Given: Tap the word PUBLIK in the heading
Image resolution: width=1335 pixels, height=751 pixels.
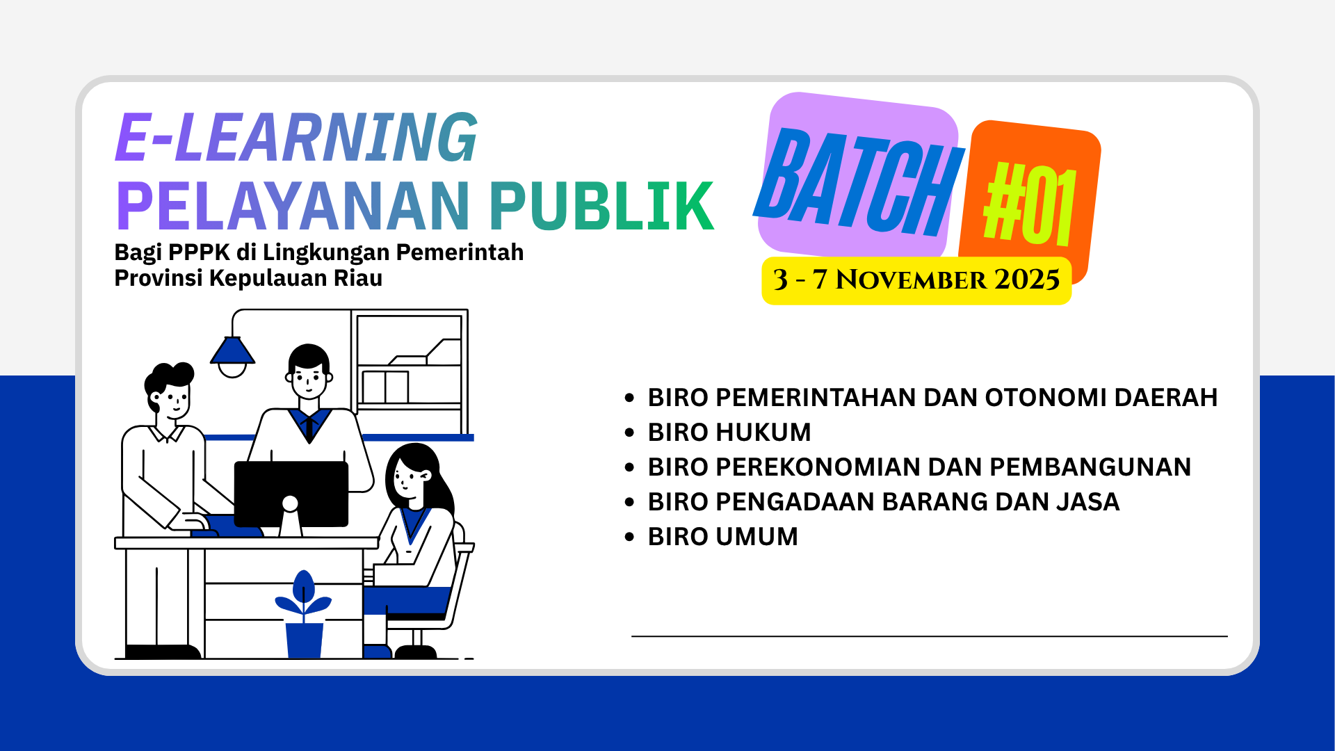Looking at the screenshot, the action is click(x=602, y=206).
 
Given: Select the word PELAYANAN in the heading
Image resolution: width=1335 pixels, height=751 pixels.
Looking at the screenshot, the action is click(x=293, y=206).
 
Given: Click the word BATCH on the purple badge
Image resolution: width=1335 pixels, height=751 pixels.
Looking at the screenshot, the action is click(x=859, y=182).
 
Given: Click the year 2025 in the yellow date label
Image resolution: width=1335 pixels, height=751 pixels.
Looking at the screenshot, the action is click(x=1027, y=280).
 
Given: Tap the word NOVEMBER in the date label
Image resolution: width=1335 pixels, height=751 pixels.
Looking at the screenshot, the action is click(x=911, y=280).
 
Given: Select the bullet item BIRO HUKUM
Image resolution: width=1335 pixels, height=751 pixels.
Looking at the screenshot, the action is click(x=729, y=432).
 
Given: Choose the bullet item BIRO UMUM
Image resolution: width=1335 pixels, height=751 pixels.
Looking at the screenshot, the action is click(x=723, y=536).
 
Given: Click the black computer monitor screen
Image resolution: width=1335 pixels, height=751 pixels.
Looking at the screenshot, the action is click(x=291, y=493).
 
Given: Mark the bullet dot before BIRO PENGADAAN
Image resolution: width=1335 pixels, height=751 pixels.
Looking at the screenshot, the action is click(x=630, y=502).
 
